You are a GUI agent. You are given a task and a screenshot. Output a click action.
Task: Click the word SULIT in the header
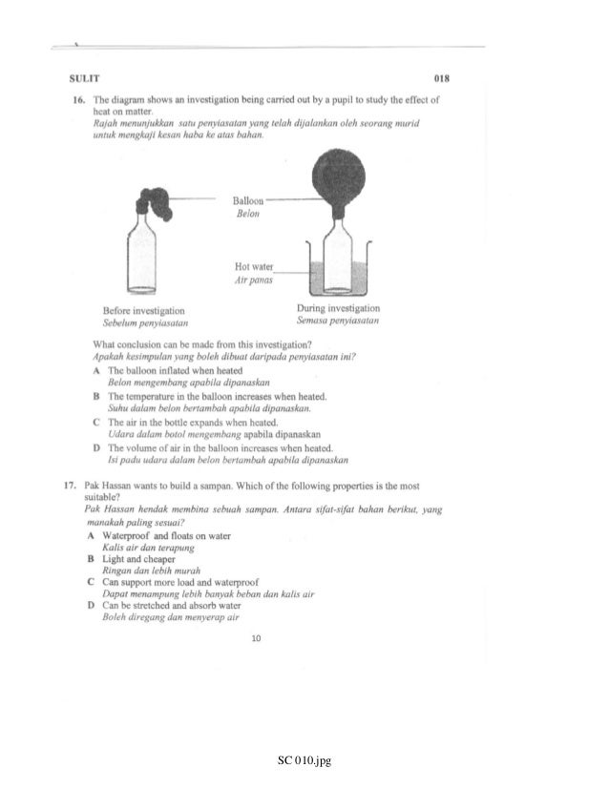pos(84,78)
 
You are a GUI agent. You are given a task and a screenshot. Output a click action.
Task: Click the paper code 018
pos(442,78)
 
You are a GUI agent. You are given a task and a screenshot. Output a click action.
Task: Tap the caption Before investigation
pos(144,311)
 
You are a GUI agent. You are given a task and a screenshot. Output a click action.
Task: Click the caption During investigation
pos(339,309)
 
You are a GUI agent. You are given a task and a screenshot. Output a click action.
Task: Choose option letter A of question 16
pos(97,369)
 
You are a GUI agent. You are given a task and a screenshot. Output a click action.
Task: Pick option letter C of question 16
pos(97,421)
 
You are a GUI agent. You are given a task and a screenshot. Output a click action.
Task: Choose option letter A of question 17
pos(89,536)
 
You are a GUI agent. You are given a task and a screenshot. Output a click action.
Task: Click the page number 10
pos(256,638)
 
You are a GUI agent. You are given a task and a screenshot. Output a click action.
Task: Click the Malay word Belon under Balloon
pos(246,216)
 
